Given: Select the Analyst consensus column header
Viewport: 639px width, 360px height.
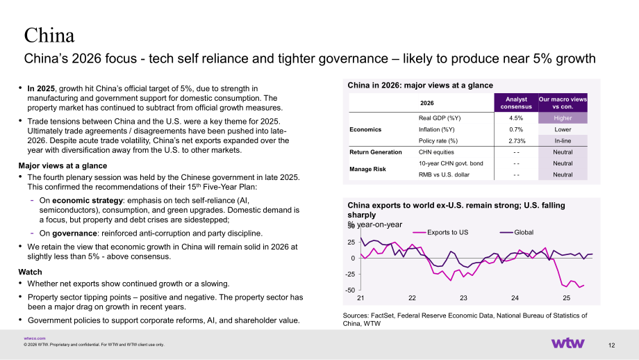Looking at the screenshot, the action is pyautogui.click(x=516, y=103).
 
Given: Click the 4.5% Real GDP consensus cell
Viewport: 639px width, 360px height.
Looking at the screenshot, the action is pyautogui.click(x=516, y=118).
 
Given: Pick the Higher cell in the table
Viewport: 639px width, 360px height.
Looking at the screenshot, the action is pyautogui.click(x=563, y=118).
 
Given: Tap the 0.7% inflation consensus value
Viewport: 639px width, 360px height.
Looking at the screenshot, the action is pyautogui.click(x=516, y=129).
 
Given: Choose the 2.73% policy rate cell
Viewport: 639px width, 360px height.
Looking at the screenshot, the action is pyautogui.click(x=517, y=140).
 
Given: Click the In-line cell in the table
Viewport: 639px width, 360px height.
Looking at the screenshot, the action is pyautogui.click(x=563, y=140).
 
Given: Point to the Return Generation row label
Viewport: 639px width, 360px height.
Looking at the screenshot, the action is pyautogui.click(x=375, y=152).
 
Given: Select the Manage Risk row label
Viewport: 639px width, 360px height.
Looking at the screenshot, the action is pyautogui.click(x=367, y=169).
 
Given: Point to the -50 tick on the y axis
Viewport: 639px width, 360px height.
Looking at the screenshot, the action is pyautogui.click(x=350, y=291).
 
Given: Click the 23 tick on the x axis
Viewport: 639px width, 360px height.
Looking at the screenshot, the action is pyautogui.click(x=463, y=298).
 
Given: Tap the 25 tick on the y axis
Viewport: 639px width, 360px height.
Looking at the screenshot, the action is pyautogui.click(x=351, y=242).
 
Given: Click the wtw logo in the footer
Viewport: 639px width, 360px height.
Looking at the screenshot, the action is pyautogui.click(x=567, y=343).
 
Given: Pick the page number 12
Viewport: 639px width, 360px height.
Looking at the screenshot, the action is pyautogui.click(x=611, y=345).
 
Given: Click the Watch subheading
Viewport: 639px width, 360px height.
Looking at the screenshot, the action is pyautogui.click(x=30, y=272).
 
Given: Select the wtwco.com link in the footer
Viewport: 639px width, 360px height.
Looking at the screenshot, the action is pyautogui.click(x=35, y=338).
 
